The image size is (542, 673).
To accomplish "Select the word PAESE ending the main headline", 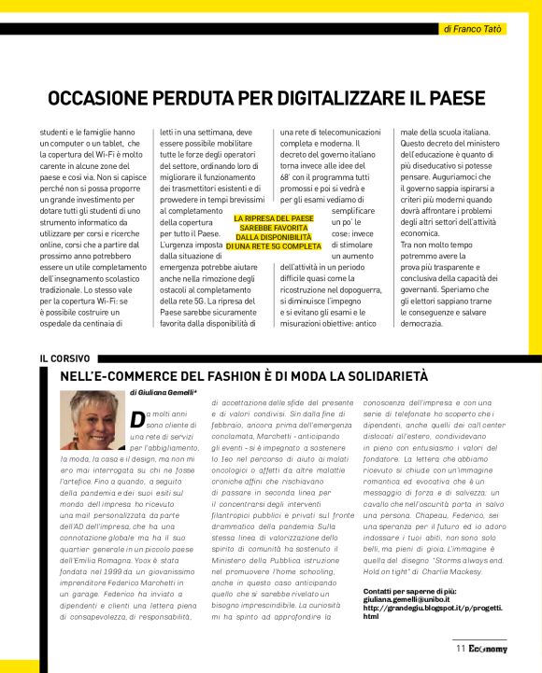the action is (x=455, y=98).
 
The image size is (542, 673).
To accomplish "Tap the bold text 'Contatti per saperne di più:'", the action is (x=410, y=592).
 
